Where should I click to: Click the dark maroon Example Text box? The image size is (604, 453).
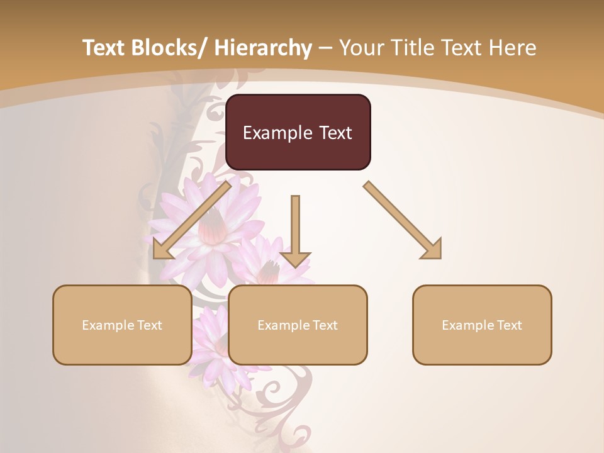298,132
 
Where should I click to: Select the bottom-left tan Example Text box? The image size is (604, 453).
122,325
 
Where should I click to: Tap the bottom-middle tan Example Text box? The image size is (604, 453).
298,325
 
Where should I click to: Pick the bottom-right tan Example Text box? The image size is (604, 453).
482,325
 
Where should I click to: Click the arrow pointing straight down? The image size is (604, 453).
295,230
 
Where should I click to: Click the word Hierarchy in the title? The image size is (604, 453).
262,48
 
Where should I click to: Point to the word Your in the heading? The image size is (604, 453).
361,48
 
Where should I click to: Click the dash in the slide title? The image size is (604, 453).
325,48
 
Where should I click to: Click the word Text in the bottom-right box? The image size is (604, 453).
508,325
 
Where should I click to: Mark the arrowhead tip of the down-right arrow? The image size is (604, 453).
440,257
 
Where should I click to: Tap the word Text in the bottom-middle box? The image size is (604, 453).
323,325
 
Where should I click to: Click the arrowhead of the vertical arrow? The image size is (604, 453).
295,259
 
